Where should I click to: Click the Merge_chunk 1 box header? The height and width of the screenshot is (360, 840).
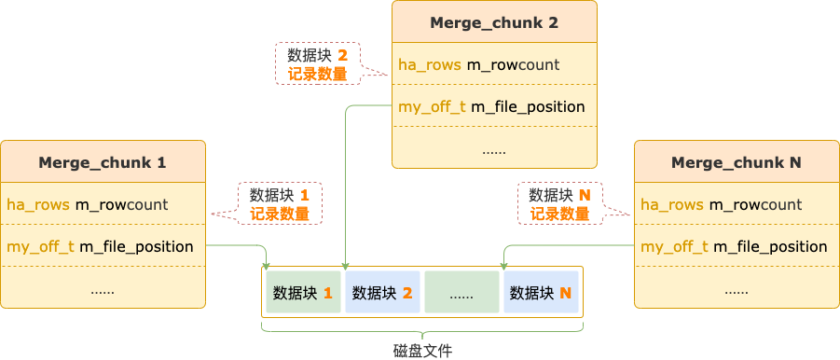point(103,162)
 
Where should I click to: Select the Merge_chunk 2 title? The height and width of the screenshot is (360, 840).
point(494,22)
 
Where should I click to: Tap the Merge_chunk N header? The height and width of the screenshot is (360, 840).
point(737,162)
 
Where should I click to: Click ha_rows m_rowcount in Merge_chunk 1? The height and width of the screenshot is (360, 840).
point(88,204)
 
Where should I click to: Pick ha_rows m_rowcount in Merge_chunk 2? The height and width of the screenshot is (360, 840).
point(479,64)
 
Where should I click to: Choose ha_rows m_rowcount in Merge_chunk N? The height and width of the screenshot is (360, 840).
point(722,204)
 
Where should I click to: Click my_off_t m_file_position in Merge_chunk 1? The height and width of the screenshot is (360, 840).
point(100,246)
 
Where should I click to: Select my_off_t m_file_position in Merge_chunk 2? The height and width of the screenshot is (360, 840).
point(491,106)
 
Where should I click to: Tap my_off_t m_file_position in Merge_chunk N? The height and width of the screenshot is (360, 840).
point(734,246)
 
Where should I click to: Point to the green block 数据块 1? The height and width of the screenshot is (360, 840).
point(303,293)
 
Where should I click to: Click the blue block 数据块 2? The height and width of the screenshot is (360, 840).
point(382,293)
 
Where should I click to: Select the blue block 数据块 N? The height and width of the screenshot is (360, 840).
point(541,293)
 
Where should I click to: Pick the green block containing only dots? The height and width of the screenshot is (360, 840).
point(461,293)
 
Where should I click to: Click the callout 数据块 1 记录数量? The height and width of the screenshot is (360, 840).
point(280,204)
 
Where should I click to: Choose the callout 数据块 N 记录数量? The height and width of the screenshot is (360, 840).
point(559,204)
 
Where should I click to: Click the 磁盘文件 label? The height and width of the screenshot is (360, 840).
point(422,350)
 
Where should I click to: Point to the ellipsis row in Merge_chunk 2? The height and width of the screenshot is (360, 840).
point(494,149)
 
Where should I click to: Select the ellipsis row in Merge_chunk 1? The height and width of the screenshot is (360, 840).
point(103,289)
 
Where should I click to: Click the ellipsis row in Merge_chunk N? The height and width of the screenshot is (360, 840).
point(737,289)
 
